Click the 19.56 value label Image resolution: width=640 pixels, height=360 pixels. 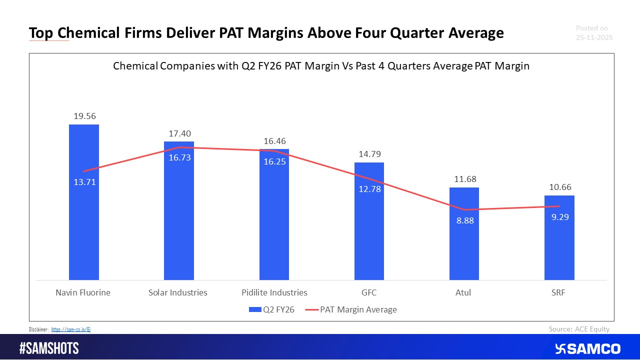(x=83, y=116)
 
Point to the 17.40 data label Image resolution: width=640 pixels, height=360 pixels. (x=179, y=133)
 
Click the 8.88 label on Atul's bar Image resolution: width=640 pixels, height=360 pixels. (x=464, y=220)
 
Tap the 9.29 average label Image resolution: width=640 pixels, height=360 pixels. (x=559, y=217)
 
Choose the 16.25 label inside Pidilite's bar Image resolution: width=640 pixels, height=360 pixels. (x=274, y=161)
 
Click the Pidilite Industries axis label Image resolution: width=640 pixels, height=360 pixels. (x=274, y=292)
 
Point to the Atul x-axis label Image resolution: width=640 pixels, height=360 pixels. (x=463, y=292)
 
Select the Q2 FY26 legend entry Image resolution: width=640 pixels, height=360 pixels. (x=272, y=309)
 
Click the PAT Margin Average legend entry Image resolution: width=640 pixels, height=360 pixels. (x=352, y=309)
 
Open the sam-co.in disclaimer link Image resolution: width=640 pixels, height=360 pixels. (x=71, y=329)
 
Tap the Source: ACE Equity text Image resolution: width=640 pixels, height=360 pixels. (x=579, y=328)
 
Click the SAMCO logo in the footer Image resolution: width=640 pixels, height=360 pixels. (x=587, y=348)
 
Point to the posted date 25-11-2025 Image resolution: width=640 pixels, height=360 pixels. (x=594, y=37)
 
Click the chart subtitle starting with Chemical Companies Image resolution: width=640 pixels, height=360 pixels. (x=321, y=66)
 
